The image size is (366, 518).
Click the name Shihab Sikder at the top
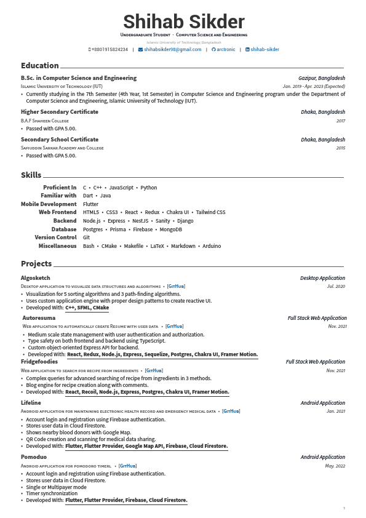[x=183, y=22]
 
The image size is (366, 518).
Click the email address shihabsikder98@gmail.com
[x=172, y=49]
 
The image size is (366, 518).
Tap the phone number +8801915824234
[x=109, y=49]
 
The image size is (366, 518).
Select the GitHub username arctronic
[x=225, y=49]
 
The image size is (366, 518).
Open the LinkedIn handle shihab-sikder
[x=265, y=49]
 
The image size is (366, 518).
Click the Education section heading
[x=40, y=66]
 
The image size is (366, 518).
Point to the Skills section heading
[x=31, y=175]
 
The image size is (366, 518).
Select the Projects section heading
[x=36, y=264]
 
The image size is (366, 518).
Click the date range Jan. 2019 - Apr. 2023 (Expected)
[x=314, y=87]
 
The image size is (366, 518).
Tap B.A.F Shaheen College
[x=45, y=121]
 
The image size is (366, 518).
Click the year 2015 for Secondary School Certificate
[x=341, y=148]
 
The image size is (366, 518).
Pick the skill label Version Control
[x=55, y=237]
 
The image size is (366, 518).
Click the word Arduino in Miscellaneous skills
[x=211, y=246]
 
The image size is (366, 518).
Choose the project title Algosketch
[x=36, y=278]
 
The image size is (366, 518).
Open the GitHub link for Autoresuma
[x=174, y=326]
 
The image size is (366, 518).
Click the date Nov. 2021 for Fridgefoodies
[x=336, y=370]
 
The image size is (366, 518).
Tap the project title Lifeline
[x=31, y=403]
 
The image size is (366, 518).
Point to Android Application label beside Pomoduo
[x=322, y=457]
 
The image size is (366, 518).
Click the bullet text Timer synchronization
[x=52, y=494]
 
